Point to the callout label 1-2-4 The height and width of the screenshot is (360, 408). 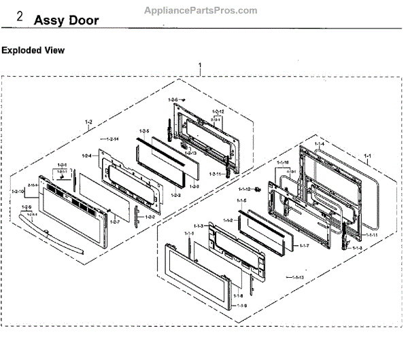point(86,156)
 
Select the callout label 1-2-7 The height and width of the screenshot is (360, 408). point(114,221)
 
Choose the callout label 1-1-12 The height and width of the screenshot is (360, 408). point(245,189)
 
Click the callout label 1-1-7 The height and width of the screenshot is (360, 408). point(304,245)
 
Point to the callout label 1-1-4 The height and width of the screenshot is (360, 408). point(319,144)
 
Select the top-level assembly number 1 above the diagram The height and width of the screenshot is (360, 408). point(200,67)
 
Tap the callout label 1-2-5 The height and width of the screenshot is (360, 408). point(143,130)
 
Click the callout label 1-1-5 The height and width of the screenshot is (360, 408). point(241,202)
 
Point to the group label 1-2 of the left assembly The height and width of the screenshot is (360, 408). point(88,122)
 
